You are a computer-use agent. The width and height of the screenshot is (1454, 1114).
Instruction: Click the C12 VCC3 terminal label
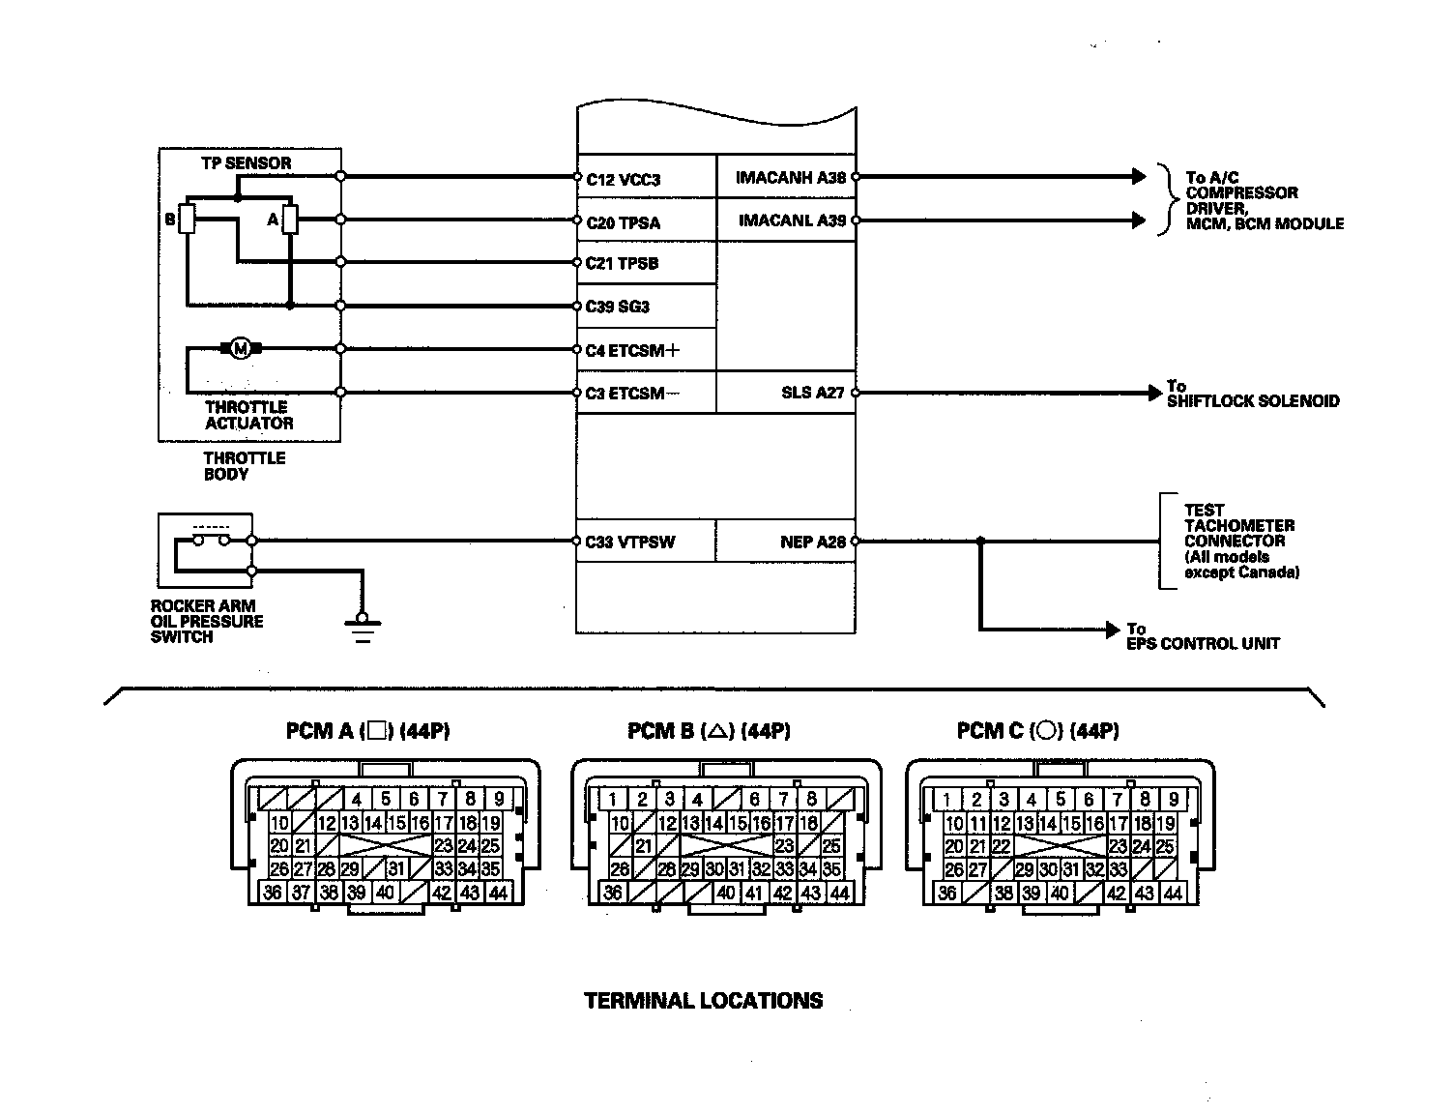tap(623, 179)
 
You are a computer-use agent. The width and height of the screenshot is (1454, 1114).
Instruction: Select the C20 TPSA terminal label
tap(623, 222)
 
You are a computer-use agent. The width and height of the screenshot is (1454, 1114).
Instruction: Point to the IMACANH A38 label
tap(790, 178)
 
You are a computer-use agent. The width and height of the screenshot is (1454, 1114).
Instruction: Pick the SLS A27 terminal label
tap(812, 393)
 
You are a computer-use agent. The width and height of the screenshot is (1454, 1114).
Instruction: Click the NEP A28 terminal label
tap(812, 542)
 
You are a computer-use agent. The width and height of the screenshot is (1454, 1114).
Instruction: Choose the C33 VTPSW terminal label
tap(629, 542)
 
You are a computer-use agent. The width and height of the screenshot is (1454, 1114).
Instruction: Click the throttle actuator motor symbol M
tap(241, 348)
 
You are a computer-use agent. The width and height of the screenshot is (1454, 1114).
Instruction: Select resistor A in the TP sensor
tap(289, 220)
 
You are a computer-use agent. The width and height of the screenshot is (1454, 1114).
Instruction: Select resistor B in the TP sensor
tap(188, 220)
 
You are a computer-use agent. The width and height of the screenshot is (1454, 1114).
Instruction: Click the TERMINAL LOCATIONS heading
tap(704, 1001)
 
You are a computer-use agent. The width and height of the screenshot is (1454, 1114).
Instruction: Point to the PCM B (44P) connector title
tap(709, 731)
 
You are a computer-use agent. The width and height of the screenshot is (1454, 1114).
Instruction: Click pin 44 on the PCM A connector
tap(498, 893)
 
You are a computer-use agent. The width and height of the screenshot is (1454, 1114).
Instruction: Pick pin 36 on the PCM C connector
tap(947, 893)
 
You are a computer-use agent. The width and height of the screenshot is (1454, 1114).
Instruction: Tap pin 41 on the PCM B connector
tap(754, 893)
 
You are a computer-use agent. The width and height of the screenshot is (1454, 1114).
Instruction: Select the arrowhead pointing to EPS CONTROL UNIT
tap(1113, 630)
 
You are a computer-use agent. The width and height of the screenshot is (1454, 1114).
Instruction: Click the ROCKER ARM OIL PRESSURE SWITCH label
tap(206, 621)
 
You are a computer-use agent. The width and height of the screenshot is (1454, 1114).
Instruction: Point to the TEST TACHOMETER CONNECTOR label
tap(1240, 541)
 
